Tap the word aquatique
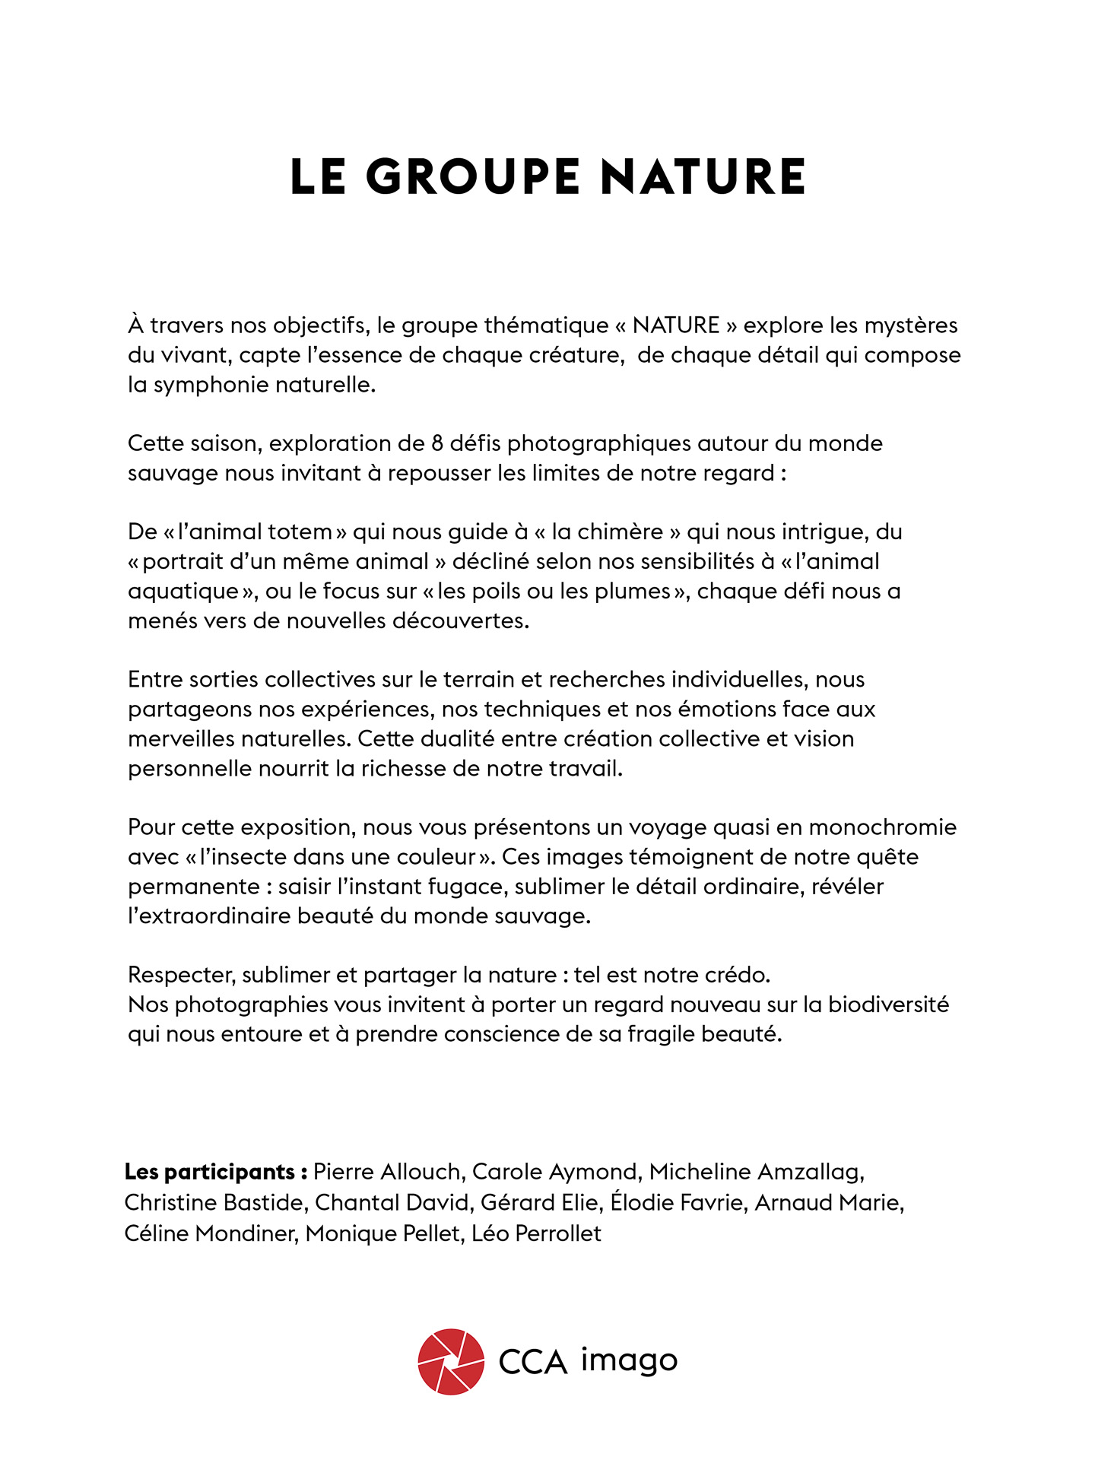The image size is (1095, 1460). tap(183, 592)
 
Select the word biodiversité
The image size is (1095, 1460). tap(888, 1005)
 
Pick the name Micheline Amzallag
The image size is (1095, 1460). tap(756, 1173)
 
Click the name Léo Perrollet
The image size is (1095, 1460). tap(536, 1233)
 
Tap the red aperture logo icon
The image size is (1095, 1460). tap(451, 1362)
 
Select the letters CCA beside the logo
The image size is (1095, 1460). tap(533, 1362)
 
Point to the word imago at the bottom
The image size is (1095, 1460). tap(629, 1360)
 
